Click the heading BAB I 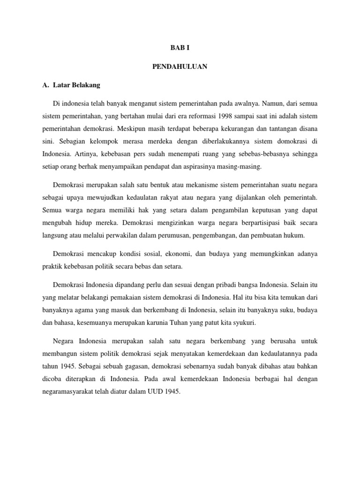(180, 48)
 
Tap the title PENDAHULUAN (180, 67)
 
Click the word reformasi (196, 115)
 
